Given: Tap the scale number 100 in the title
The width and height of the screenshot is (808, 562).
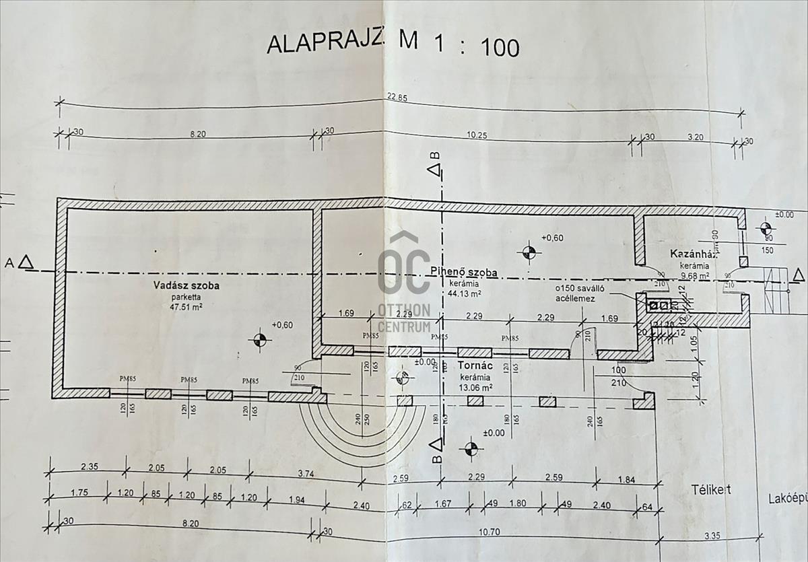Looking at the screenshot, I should [498, 47].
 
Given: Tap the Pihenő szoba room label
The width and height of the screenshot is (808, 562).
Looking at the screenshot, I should [464, 273].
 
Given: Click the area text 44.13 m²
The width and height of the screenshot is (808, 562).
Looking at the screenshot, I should [464, 293].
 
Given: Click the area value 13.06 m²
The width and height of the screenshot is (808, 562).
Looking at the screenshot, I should [475, 387].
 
